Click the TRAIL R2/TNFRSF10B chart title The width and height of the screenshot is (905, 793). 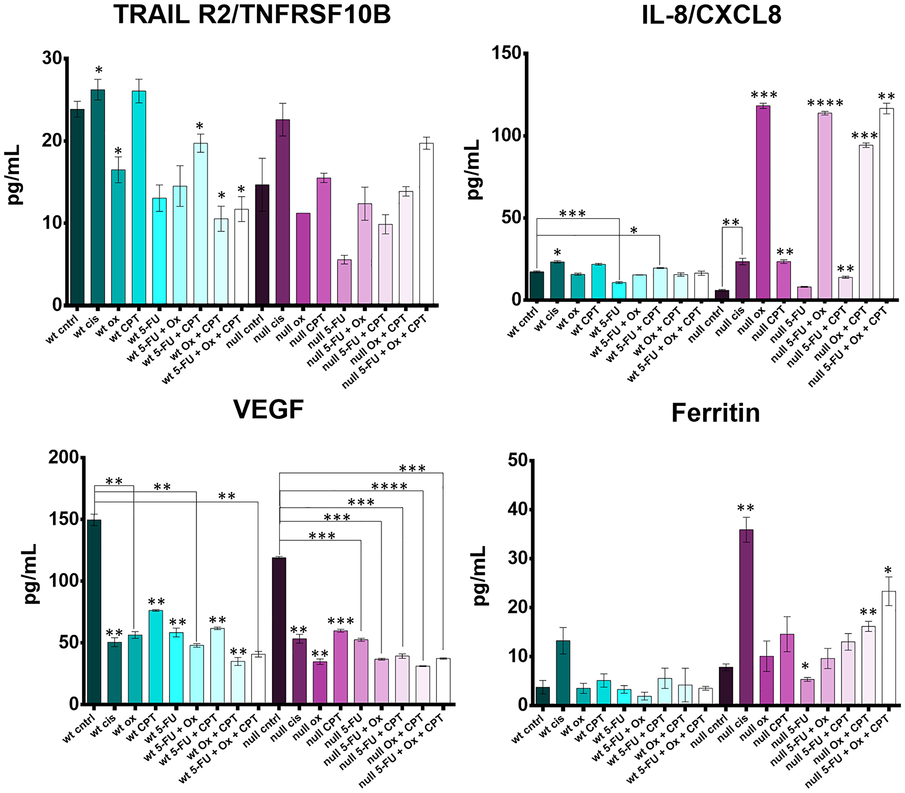252,14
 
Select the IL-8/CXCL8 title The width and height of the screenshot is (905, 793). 711,15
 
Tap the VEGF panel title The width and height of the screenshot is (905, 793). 268,410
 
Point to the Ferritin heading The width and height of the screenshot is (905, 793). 715,413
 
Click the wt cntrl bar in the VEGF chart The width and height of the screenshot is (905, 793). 94,611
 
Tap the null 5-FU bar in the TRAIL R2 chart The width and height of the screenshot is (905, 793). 344,281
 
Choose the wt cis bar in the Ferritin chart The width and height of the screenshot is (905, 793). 563,672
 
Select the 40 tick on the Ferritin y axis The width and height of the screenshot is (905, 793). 518,509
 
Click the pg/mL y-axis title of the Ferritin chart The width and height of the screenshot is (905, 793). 480,576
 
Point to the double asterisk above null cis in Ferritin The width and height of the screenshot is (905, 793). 746,508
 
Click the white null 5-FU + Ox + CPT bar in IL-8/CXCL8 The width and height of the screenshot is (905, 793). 886,204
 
